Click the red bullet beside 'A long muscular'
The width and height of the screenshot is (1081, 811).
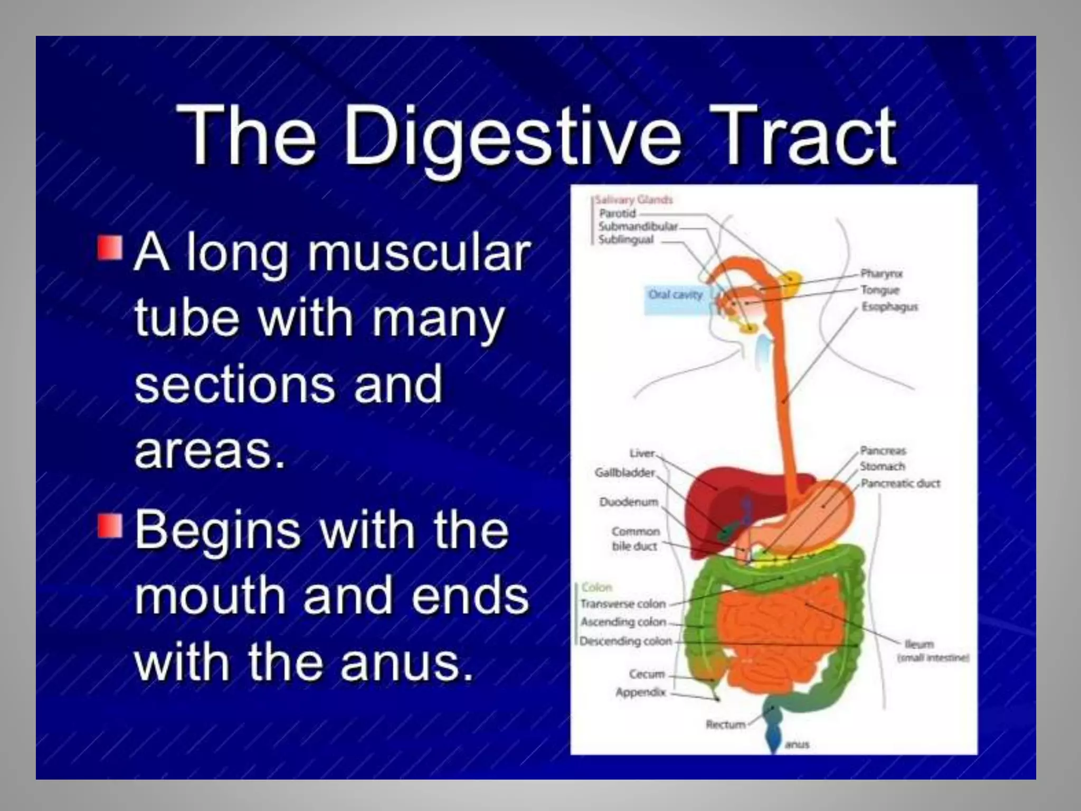tap(110, 248)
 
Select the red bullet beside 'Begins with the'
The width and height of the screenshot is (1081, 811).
tap(110, 525)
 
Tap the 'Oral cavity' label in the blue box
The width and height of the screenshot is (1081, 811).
tap(675, 295)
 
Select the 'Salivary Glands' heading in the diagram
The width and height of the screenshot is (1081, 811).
tap(634, 200)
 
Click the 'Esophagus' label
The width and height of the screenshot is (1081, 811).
tap(889, 307)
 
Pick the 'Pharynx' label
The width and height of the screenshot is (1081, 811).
tap(881, 274)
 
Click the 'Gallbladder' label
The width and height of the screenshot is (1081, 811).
tap(624, 473)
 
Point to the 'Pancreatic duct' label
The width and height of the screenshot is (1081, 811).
tap(900, 483)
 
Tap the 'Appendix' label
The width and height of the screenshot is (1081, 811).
tap(640, 692)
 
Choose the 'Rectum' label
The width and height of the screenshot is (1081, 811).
tap(725, 724)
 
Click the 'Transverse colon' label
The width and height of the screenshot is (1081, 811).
tap(623, 603)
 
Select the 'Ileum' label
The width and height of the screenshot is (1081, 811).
tap(919, 644)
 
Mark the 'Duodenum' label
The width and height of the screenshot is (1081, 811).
tap(628, 502)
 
